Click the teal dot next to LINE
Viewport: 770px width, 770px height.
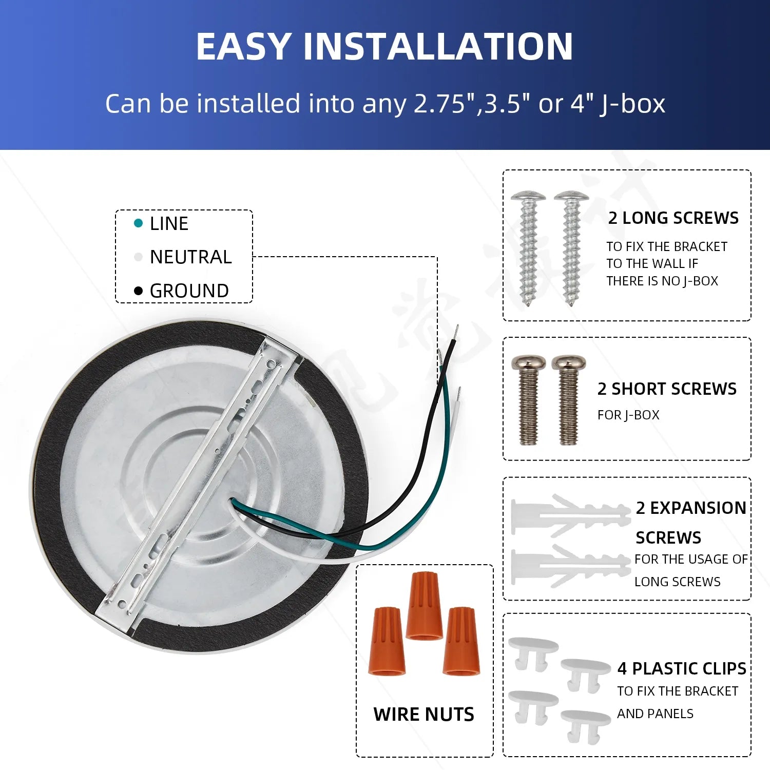pos(138,223)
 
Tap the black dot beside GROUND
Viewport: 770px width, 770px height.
pos(138,291)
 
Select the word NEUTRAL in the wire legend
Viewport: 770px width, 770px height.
pos(190,257)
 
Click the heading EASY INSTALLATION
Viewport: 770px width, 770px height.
pos(384,46)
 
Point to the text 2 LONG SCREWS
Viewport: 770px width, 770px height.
pos(673,218)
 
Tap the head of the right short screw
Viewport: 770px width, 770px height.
pos(568,363)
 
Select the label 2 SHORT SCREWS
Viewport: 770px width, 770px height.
pos(667,389)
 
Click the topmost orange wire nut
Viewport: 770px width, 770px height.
pos(424,606)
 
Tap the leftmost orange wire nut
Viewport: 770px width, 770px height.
pos(387,641)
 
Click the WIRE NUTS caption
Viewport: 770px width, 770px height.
pos(423,714)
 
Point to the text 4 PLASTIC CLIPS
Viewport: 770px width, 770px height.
pos(682,668)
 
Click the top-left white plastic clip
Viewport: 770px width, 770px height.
pos(533,652)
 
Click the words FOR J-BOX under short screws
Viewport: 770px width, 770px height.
pos(628,415)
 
